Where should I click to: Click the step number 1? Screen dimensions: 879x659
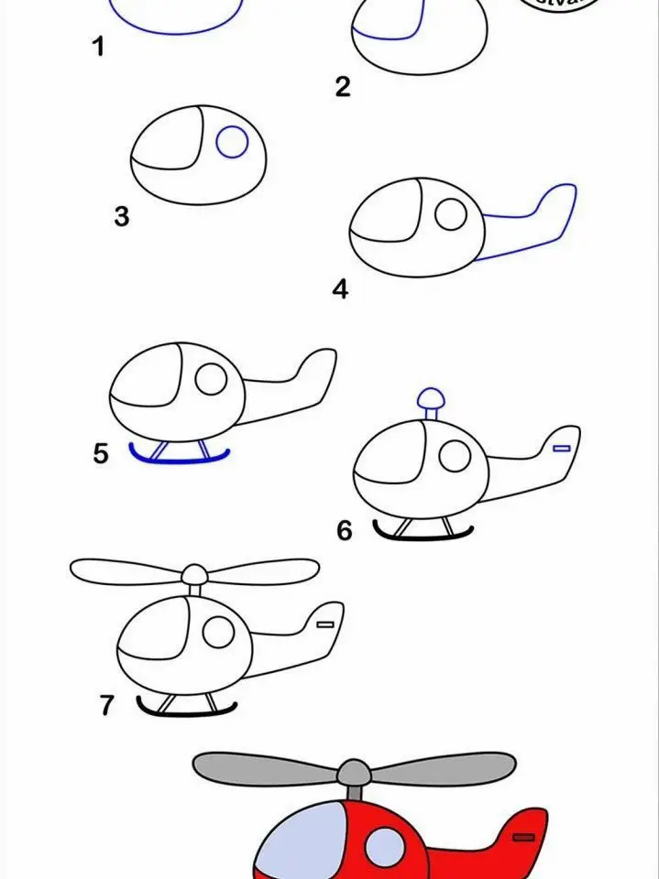pyautogui.click(x=99, y=47)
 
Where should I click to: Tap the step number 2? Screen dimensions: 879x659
pyautogui.click(x=343, y=87)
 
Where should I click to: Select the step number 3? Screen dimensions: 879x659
pyautogui.click(x=122, y=217)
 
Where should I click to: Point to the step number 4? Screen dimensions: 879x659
pyautogui.click(x=341, y=290)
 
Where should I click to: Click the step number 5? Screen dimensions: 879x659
pyautogui.click(x=102, y=452)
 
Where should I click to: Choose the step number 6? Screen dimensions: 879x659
pyautogui.click(x=345, y=530)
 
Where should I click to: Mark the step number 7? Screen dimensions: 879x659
pyautogui.click(x=107, y=705)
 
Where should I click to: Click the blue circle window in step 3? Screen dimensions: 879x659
pyautogui.click(x=232, y=143)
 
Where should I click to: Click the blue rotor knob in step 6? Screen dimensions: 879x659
pyautogui.click(x=429, y=397)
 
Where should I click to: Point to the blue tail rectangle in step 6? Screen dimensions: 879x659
pyautogui.click(x=562, y=448)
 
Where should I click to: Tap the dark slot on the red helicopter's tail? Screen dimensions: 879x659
pyautogui.click(x=524, y=837)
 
